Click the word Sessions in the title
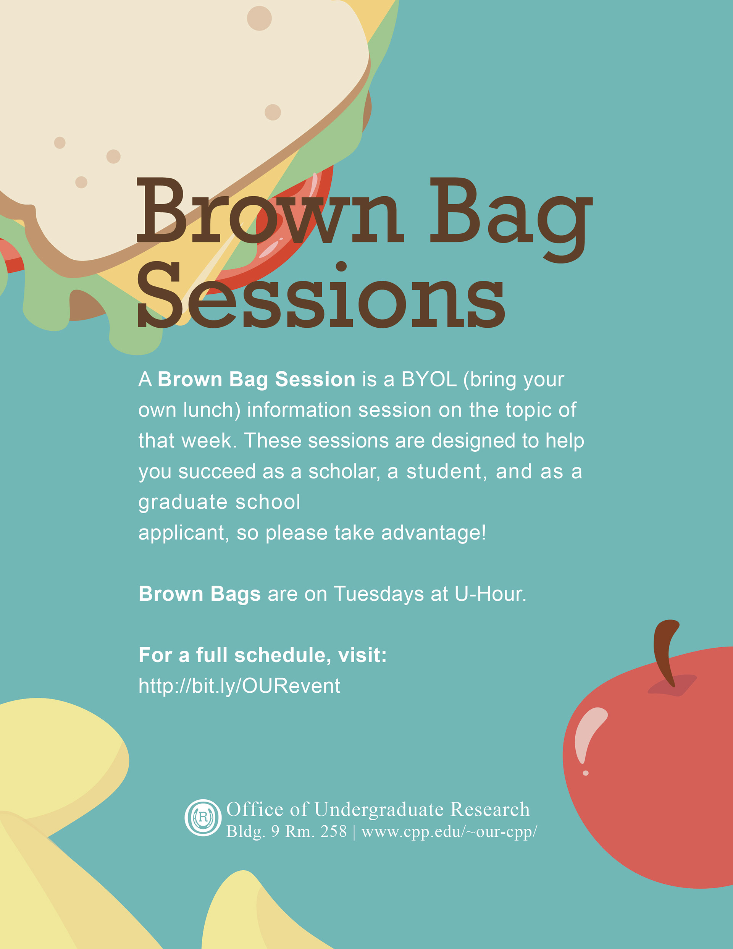pos(321,296)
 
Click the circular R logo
pos(203,817)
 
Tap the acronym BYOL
pos(429,379)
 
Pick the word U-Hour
pos(491,594)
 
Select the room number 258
pos(334,832)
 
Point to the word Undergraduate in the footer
pos(379,810)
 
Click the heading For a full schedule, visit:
pos(262,655)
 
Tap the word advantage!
pos(434,533)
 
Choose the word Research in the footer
pos(490,809)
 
